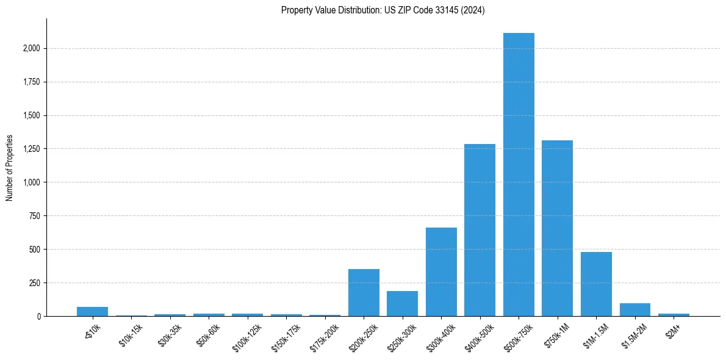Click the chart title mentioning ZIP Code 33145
coord(383,10)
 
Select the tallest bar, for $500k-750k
coord(519,175)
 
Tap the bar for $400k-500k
coord(480,230)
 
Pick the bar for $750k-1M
coord(557,228)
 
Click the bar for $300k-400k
coord(441,272)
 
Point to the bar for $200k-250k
coord(364,293)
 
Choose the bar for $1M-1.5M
coord(596,284)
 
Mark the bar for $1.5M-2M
coord(634,309)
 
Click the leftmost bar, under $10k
coord(92,312)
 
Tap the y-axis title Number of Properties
coord(10,167)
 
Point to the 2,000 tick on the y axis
coord(30,48)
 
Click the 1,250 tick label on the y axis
coord(30,149)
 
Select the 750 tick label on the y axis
coord(34,216)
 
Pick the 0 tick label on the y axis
coord(38,316)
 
